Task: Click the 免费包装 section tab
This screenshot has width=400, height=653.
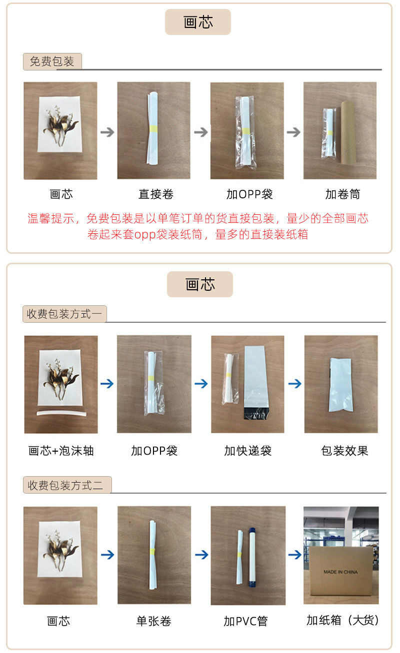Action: coord(52,61)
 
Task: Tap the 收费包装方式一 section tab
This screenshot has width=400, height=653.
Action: coord(64,314)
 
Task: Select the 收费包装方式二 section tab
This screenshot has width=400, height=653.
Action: coord(67,485)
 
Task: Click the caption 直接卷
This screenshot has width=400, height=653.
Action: coord(156,194)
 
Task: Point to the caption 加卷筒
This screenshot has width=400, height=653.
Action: coord(342,194)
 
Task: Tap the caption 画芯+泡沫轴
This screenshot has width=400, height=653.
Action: coord(61,451)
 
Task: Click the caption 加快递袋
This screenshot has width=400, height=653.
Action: coord(247,451)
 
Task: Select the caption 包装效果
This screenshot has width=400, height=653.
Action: coord(344,451)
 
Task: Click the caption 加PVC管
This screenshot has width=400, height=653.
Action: coord(245,621)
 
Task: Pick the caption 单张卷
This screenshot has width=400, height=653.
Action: coord(154,621)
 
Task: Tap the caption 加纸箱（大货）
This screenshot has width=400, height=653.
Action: coord(343,620)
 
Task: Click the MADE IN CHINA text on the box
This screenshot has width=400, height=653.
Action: coord(340,572)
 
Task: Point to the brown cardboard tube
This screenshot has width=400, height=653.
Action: coord(348,132)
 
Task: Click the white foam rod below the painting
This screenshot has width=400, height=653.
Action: coord(61,413)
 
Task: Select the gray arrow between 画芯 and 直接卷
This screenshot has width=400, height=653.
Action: coord(107,132)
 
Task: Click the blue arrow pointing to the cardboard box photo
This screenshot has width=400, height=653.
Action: coord(294,555)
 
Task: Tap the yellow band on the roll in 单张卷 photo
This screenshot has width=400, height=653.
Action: coord(152,551)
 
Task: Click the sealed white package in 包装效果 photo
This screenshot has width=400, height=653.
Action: coord(341,385)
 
